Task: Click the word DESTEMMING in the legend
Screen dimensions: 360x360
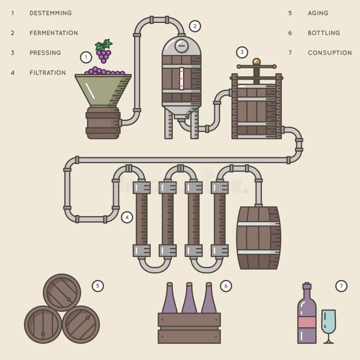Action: tap(50, 13)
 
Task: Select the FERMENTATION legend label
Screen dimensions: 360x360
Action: tap(54, 33)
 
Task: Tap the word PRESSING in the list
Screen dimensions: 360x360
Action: tap(45, 53)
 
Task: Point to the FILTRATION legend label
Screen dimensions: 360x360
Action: tap(48, 72)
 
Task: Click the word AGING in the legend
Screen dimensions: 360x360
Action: tap(318, 13)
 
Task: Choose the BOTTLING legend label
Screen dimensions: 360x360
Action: tap(324, 33)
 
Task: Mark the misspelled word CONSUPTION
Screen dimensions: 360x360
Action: tap(329, 53)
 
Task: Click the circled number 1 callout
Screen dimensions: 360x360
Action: tap(86, 57)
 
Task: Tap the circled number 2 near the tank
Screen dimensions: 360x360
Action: tap(194, 26)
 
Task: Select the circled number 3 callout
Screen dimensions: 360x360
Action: tap(242, 52)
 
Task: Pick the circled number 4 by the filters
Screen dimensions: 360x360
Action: tap(127, 217)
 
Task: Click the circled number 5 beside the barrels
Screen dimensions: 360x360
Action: tap(98, 286)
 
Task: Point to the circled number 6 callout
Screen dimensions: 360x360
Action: tap(226, 286)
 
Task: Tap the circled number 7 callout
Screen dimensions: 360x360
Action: tap(342, 286)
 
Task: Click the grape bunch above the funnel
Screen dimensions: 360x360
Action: tap(103, 51)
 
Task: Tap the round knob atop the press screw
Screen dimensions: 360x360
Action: tap(256, 62)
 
